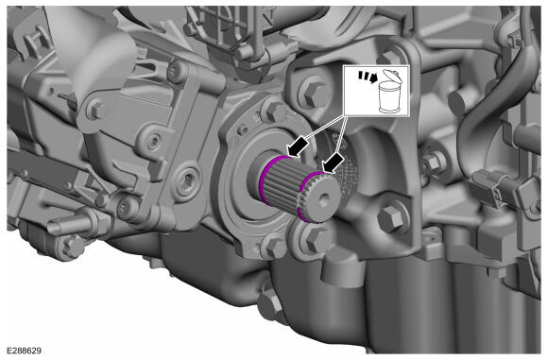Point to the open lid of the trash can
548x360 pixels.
click(x=392, y=76)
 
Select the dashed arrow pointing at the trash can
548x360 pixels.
click(x=368, y=77)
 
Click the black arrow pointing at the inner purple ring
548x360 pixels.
click(x=298, y=147)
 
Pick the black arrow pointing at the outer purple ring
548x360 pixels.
click(x=334, y=163)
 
